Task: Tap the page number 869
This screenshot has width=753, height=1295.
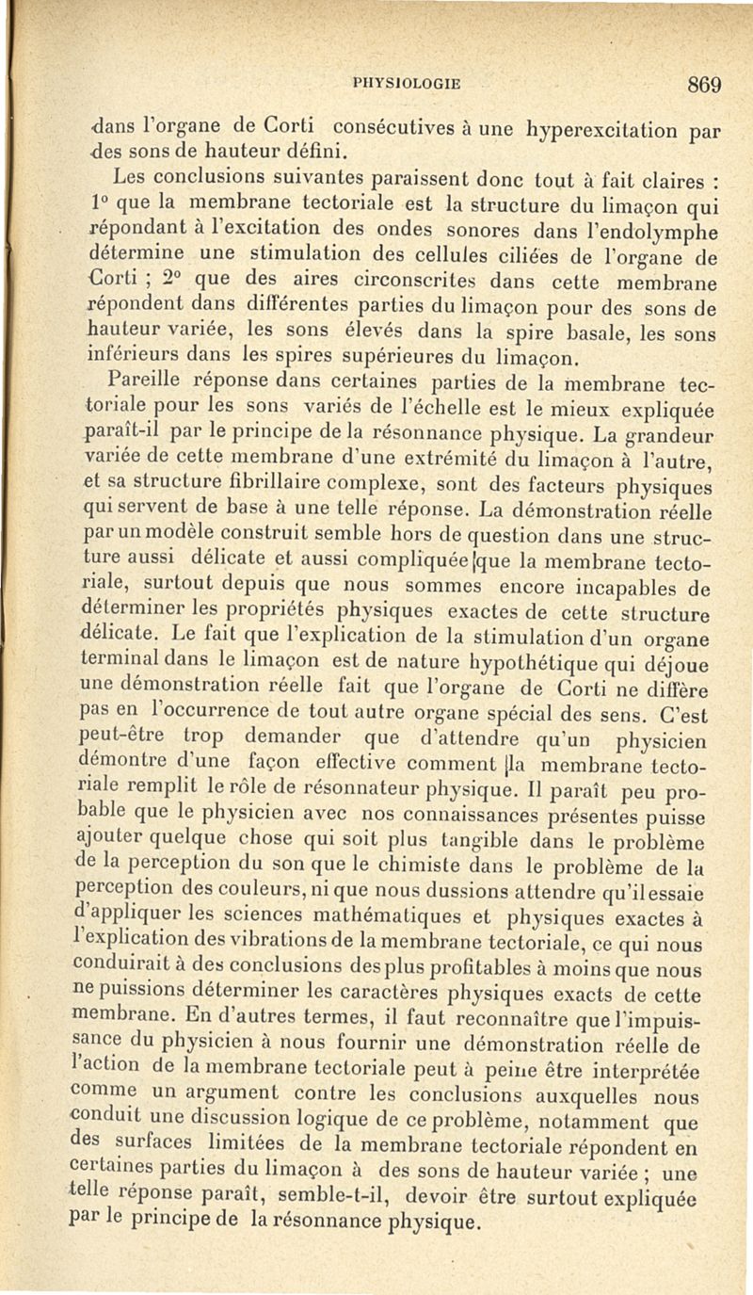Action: (703, 84)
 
